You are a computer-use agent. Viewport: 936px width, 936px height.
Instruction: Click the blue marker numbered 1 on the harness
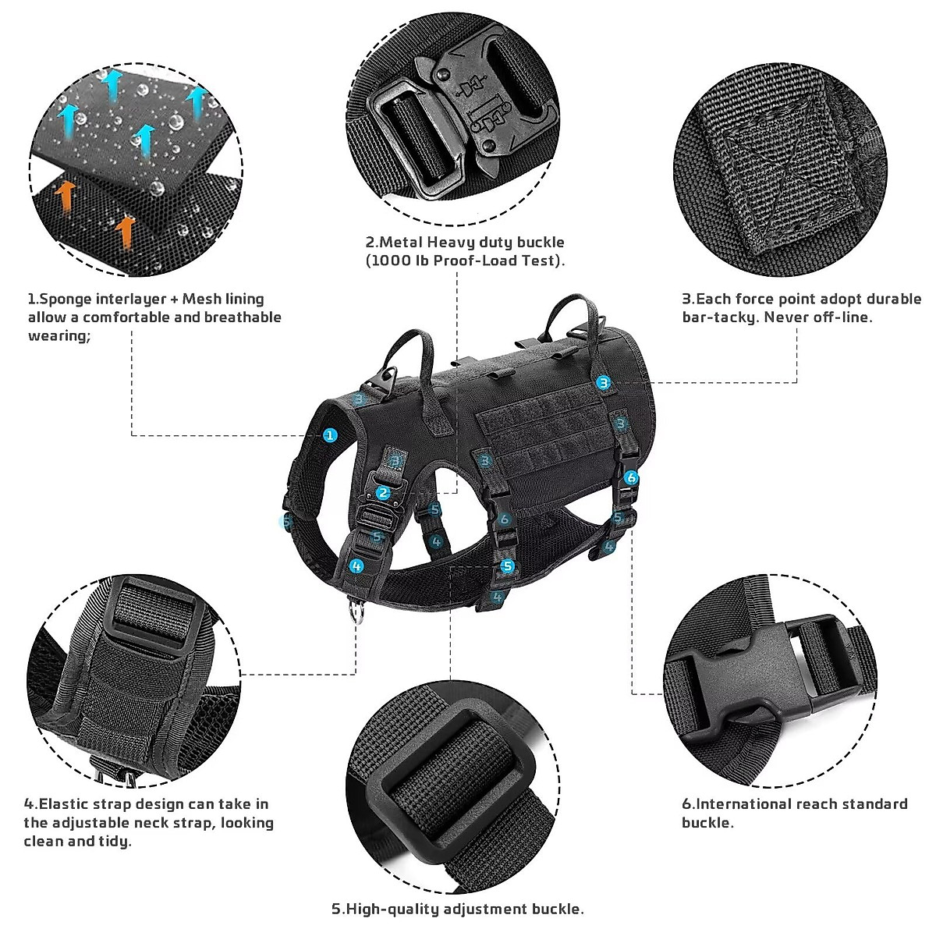[x=331, y=434]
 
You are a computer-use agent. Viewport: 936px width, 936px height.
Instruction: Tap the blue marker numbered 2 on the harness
[x=382, y=493]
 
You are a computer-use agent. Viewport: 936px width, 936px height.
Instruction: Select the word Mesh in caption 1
[x=204, y=299]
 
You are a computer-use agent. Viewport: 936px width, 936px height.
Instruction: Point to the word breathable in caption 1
[x=243, y=317]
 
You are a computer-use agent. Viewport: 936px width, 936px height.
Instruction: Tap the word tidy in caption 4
[x=112, y=842]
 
